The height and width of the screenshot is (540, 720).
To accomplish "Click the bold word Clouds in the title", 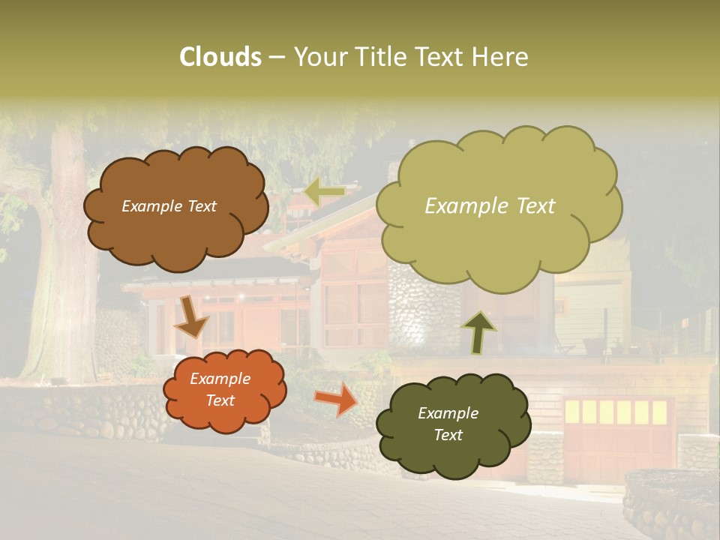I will (220, 57).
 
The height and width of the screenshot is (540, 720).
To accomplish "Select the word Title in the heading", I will (376, 57).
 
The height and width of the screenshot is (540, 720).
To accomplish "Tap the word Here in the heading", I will (501, 57).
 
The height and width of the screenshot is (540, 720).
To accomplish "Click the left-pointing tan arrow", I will (325, 192).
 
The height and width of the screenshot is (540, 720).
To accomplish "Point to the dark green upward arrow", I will (478, 331).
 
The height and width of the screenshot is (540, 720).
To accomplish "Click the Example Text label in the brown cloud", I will (169, 206).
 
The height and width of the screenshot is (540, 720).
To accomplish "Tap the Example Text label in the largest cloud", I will (490, 206).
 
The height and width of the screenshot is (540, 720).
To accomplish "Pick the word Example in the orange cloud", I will (220, 379).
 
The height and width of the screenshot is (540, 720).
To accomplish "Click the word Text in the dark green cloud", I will (448, 435).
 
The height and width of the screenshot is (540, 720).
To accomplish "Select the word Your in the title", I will (316, 57).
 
